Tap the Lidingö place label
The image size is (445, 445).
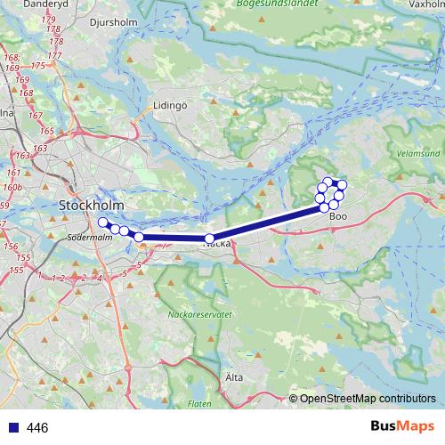click(170, 105)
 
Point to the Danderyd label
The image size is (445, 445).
click(28, 4)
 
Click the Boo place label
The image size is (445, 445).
click(337, 216)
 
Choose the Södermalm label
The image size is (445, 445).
click(90, 238)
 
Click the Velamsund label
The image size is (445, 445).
click(417, 153)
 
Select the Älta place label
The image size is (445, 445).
click(234, 377)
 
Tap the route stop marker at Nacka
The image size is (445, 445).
click(210, 239)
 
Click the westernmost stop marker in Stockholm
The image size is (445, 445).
click(102, 222)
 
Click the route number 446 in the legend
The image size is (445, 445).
click(37, 428)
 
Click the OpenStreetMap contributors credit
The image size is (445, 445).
click(368, 399)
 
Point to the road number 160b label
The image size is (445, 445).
click(12, 188)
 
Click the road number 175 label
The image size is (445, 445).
click(38, 66)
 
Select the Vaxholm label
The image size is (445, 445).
click(425, 4)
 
